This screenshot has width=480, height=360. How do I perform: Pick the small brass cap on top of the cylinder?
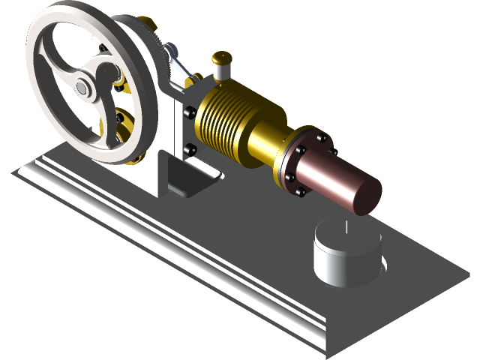(x=220, y=58)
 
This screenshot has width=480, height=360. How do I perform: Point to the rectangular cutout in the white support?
(x=187, y=176)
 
